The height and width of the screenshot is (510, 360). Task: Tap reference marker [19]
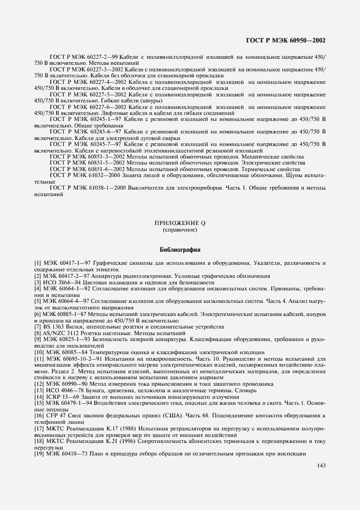(x=39, y=454)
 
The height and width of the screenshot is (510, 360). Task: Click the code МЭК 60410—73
(x=68, y=454)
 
